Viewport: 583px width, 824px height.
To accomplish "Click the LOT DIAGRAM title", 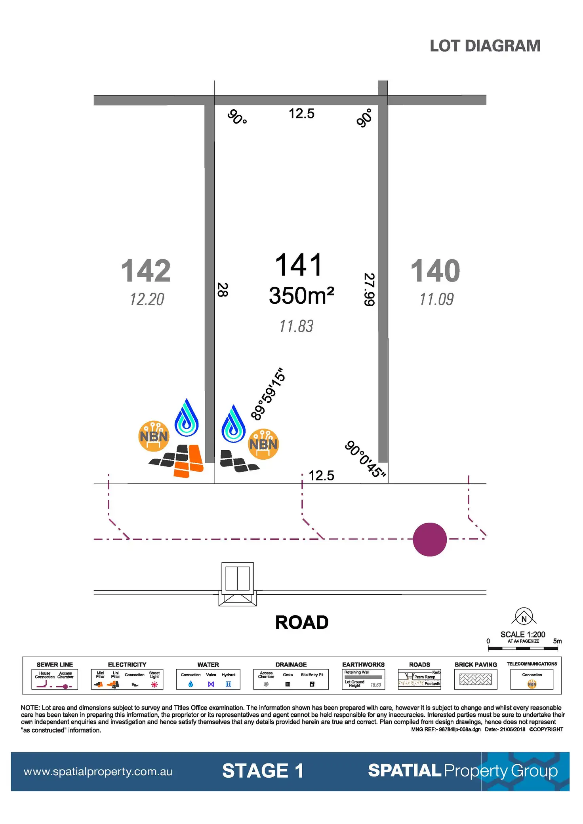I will pos(485,46).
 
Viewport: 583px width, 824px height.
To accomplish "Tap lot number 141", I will pos(299,265).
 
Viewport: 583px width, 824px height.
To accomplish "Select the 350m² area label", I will pos(301,296).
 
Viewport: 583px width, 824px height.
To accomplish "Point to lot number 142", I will pos(146,271).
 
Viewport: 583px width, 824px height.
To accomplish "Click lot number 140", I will pos(435,271).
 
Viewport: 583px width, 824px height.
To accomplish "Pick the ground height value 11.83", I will pos(296,326).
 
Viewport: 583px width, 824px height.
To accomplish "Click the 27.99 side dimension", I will pos(369,289).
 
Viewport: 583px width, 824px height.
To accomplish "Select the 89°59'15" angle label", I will pos(268,394).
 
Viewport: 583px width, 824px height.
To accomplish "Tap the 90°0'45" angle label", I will pos(365,459).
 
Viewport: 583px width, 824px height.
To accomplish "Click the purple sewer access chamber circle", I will pos(430,539).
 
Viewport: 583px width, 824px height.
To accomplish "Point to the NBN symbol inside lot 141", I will pos(263,444).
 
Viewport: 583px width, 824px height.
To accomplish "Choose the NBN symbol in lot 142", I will pos(154,436).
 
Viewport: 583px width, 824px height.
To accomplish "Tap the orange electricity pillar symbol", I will pos(189,461).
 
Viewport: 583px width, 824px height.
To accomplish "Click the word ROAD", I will pos(302,622).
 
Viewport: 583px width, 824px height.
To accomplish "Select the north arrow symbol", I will pos(524,617).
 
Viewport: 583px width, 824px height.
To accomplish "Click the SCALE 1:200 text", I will pos(523,634).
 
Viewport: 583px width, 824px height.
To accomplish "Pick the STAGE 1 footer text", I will pos(263,771).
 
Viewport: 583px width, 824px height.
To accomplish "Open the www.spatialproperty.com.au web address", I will pos(98,771).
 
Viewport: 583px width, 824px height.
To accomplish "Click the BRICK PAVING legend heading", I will pos(476,664).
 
